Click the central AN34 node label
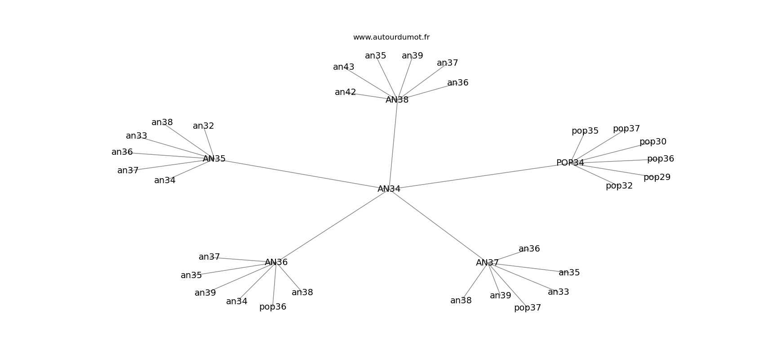(389, 189)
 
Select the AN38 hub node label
(397, 100)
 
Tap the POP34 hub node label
(570, 163)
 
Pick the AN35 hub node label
(214, 159)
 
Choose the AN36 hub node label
(276, 262)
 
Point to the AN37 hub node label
(488, 263)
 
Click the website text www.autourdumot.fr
(391, 37)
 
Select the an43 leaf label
(344, 67)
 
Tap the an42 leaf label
(346, 92)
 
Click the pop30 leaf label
(653, 142)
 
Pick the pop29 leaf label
(657, 177)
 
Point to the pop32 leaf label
(619, 186)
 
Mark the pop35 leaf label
(585, 131)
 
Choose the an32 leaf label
(203, 126)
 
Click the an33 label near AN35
(137, 136)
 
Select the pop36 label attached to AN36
(273, 307)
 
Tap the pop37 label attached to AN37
(527, 308)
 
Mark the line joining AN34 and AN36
(333, 225)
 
